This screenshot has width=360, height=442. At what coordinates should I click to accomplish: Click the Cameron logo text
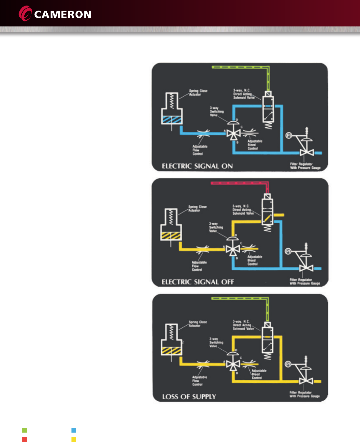click(x=62, y=14)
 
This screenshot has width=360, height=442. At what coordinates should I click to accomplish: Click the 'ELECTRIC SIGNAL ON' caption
click(x=197, y=166)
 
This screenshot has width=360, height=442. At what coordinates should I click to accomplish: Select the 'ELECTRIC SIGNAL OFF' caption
click(x=198, y=282)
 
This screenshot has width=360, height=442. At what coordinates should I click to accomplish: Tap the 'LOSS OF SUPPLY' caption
click(x=189, y=397)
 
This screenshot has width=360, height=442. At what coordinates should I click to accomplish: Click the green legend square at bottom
click(x=24, y=430)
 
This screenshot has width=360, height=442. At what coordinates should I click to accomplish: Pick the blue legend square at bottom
click(x=74, y=430)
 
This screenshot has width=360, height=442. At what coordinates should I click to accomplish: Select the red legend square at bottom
click(x=24, y=440)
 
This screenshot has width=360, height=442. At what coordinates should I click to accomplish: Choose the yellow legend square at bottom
click(x=74, y=440)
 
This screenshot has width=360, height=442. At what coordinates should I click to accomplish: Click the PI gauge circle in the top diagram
click(x=289, y=135)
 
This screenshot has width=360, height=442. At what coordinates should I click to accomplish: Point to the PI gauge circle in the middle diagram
click(x=288, y=251)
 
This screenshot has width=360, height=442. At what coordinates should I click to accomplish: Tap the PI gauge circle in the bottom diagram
click(x=288, y=364)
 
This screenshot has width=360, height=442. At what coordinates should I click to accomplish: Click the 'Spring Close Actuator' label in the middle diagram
click(x=197, y=208)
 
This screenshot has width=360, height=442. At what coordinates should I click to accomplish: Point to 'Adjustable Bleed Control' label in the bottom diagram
click(x=259, y=374)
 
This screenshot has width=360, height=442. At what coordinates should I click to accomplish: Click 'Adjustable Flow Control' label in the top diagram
click(x=200, y=150)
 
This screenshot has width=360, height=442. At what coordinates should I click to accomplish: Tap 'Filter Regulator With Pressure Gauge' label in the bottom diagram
click(x=304, y=394)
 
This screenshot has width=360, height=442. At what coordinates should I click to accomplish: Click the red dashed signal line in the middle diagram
click(x=235, y=183)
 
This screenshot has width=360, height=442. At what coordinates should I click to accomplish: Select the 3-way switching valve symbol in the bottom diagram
click(x=233, y=364)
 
